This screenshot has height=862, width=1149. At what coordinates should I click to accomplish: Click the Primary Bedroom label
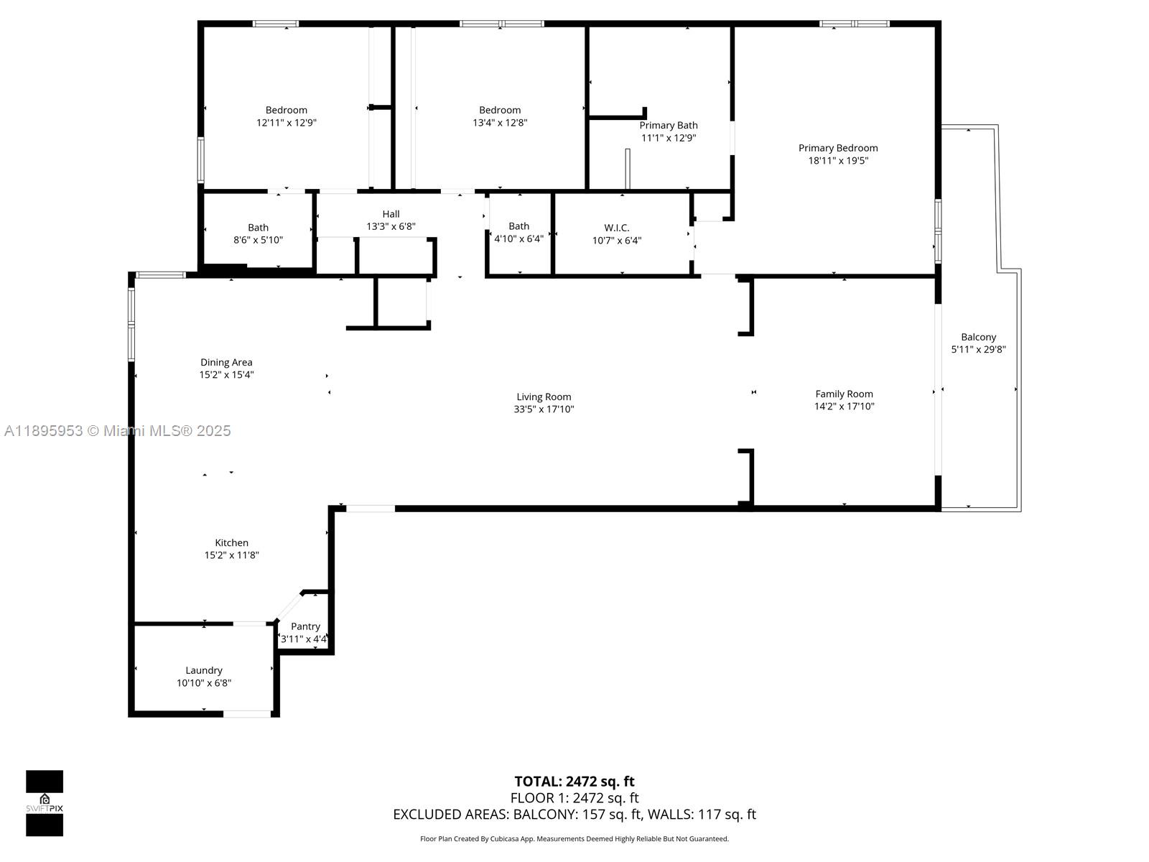coord(838,148)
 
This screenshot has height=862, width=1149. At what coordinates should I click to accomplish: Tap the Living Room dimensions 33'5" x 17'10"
coord(544,409)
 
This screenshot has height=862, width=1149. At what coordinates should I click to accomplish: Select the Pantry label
coord(305,626)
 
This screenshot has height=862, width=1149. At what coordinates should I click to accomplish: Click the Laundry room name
coord(204,670)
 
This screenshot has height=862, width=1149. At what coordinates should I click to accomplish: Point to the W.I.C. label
coord(616,228)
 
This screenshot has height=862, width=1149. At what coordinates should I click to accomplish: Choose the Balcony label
coord(978,337)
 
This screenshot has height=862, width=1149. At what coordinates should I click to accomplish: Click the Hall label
coord(391,214)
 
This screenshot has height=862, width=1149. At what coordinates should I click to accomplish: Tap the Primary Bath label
coord(669,125)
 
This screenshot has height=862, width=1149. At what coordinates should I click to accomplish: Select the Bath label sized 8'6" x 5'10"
coord(258,228)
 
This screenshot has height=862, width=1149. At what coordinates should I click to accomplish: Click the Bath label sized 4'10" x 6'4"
coord(518,226)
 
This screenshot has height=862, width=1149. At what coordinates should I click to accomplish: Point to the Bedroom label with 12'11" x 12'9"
coord(286,110)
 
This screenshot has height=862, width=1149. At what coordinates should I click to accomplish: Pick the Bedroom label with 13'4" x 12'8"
coord(500,110)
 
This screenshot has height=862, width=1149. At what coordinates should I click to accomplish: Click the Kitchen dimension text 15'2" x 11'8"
coord(231,555)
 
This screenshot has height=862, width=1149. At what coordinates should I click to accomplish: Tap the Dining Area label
coord(226,362)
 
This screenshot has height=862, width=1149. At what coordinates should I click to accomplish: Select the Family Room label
coord(844,394)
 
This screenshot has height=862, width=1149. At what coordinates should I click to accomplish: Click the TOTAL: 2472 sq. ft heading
coord(574,782)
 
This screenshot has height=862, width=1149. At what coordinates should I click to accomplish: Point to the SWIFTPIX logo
coord(45,803)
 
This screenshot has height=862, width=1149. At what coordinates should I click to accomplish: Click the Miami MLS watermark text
coord(118,431)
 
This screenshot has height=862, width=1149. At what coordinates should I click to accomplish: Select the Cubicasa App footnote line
coord(574,839)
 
